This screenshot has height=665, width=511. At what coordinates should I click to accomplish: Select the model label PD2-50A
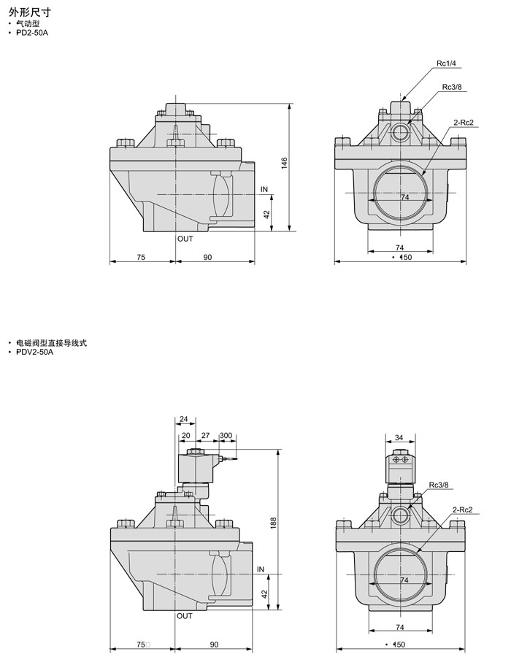tap(31, 33)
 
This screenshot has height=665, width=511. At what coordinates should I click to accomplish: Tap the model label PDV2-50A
tap(34, 352)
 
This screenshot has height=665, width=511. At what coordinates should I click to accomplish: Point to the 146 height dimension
tap(285, 164)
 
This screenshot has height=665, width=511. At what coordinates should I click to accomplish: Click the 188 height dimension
tap(273, 523)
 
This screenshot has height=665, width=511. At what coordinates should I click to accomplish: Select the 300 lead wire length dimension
tap(226, 435)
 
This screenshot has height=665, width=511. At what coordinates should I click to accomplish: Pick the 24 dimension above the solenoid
tap(183, 419)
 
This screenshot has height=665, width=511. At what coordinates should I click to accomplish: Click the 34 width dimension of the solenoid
tap(399, 438)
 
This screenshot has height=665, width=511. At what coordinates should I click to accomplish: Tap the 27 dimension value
tap(205, 435)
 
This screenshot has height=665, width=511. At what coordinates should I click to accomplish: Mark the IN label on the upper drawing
tap(264, 189)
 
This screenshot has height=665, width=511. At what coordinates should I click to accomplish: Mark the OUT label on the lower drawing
tap(185, 616)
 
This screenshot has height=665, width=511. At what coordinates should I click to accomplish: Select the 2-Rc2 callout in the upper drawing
tap(464, 121)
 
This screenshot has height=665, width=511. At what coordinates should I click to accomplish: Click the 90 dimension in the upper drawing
tap(208, 257)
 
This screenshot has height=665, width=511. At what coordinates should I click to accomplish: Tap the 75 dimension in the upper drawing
tap(141, 257)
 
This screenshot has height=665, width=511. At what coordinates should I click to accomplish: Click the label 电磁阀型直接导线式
tap(51, 342)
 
